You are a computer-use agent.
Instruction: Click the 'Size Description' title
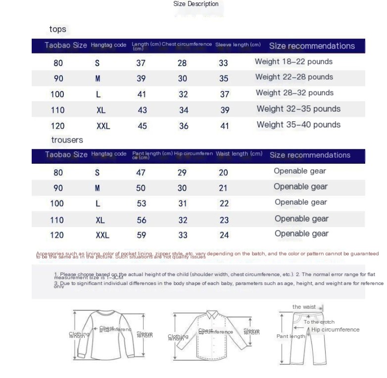pyautogui.click(x=195, y=4)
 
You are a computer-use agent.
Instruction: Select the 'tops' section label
pyautogui.click(x=57, y=29)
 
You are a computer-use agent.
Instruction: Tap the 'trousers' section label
pyautogui.click(x=67, y=140)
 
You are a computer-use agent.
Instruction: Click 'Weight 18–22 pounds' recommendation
pyautogui.click(x=293, y=62)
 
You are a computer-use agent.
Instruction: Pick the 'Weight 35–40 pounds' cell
pyautogui.click(x=298, y=125)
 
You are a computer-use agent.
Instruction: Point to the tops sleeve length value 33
pyautogui.click(x=223, y=63)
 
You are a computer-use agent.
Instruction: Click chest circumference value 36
pyautogui.click(x=184, y=126)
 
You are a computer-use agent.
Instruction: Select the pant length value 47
pyautogui.click(x=141, y=173)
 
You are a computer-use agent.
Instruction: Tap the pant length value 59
pyautogui.click(x=141, y=236)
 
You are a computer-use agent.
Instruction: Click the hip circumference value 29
pyautogui.click(x=182, y=173)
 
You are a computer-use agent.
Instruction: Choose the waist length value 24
pyautogui.click(x=224, y=236)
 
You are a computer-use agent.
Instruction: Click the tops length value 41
pyautogui.click(x=142, y=94)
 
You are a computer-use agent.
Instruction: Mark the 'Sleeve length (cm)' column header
pyautogui.click(x=238, y=45)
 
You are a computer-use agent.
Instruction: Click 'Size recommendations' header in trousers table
pyautogui.click(x=310, y=155)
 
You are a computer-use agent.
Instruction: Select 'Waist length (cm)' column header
pyautogui.click(x=239, y=154)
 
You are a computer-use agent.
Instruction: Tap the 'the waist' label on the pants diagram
pyautogui.click(x=304, y=307)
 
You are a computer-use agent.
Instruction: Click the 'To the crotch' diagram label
pyautogui.click(x=319, y=322)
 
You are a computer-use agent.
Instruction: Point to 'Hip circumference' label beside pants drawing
pyautogui.click(x=336, y=330)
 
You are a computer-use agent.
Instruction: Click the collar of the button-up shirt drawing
pyautogui.click(x=212, y=315)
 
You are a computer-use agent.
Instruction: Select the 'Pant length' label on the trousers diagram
pyautogui.click(x=290, y=336)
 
